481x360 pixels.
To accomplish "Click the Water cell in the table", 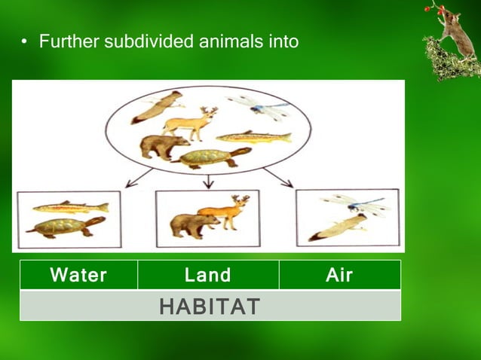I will point(78,276).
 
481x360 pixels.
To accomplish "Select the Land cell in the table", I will point(208,276).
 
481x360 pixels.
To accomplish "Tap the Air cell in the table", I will point(339,276).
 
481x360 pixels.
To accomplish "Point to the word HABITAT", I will point(210,307).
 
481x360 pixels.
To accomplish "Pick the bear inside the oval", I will point(164,147).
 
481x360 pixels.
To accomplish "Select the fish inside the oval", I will point(253,137).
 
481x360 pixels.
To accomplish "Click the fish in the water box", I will point(70,207).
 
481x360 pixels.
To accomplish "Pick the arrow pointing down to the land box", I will point(209,181).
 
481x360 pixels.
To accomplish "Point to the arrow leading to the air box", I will point(278,177).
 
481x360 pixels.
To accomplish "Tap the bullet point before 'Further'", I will point(23,42).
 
